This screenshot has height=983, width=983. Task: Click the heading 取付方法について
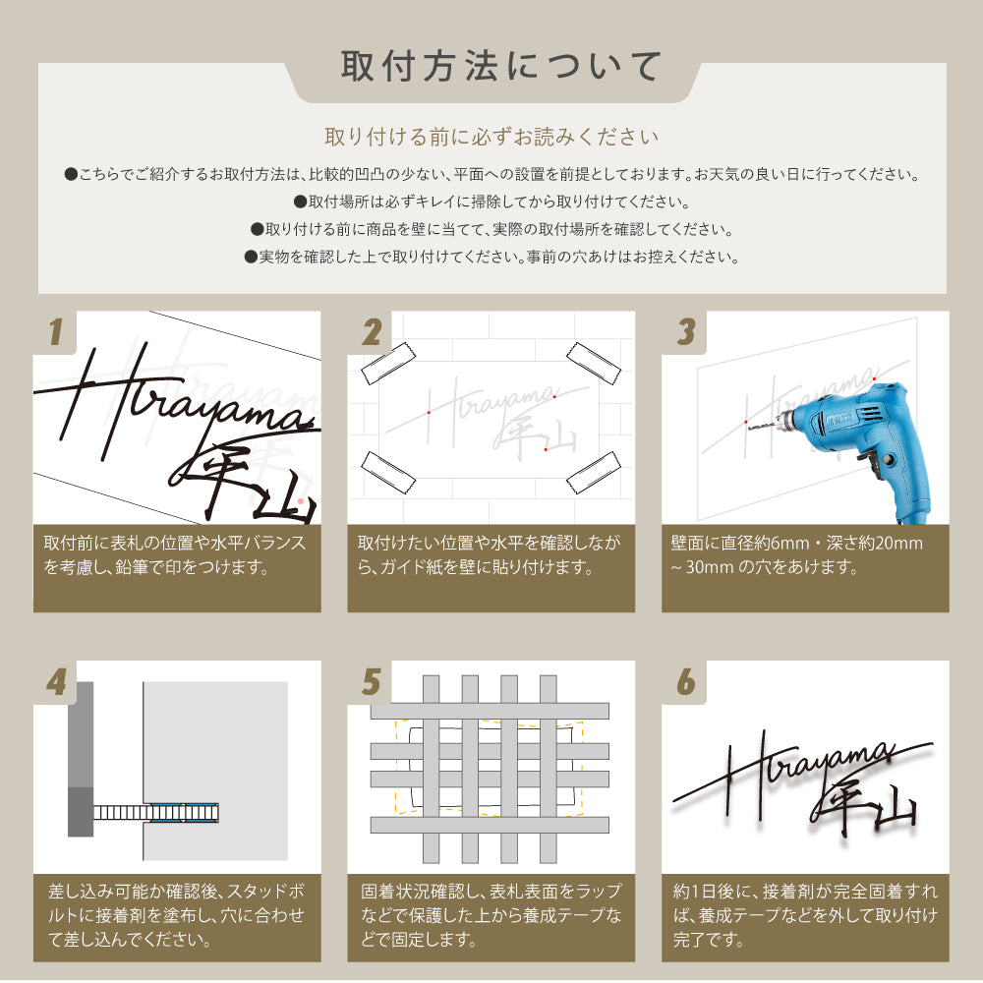click(501, 67)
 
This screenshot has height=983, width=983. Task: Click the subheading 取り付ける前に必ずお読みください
click(491, 137)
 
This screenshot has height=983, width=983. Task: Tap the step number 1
click(55, 331)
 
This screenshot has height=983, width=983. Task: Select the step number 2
click(372, 331)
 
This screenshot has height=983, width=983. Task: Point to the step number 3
click(686, 331)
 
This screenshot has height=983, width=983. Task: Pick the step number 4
click(56, 681)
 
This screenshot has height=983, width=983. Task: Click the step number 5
click(372, 681)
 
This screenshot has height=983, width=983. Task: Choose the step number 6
click(686, 681)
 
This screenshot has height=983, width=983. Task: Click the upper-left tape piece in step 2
click(388, 363)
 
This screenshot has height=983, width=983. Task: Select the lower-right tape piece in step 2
click(593, 472)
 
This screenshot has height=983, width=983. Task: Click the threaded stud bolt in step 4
click(155, 813)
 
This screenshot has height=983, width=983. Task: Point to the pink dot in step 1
click(300, 501)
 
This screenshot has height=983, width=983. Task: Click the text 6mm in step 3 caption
click(790, 543)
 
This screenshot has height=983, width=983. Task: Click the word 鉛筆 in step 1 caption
click(133, 567)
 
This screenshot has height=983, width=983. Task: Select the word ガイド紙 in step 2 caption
click(415, 567)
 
